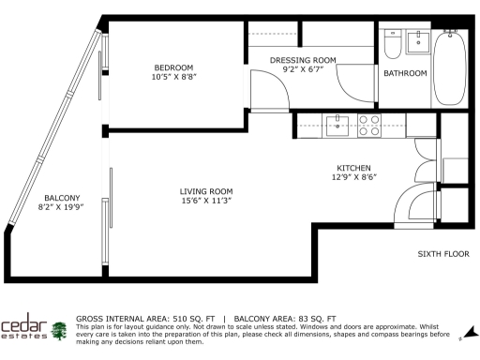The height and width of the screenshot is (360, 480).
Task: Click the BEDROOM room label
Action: (x=173, y=67)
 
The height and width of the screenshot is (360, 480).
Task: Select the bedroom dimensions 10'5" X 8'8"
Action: (x=173, y=78)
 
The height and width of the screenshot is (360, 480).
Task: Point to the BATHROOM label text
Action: (x=405, y=73)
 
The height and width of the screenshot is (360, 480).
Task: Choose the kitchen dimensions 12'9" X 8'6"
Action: (x=353, y=178)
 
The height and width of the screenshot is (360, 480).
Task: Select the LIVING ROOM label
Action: (x=205, y=191)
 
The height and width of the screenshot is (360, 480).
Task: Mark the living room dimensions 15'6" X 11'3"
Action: (x=205, y=201)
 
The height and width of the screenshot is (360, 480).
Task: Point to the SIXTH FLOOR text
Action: (x=442, y=254)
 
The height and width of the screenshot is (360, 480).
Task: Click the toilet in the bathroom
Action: (x=393, y=44)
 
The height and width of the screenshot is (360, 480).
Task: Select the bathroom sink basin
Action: (x=417, y=43)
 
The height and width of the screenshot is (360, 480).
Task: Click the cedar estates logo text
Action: (x=25, y=330)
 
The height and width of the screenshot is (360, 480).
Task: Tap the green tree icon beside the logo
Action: (x=61, y=331)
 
